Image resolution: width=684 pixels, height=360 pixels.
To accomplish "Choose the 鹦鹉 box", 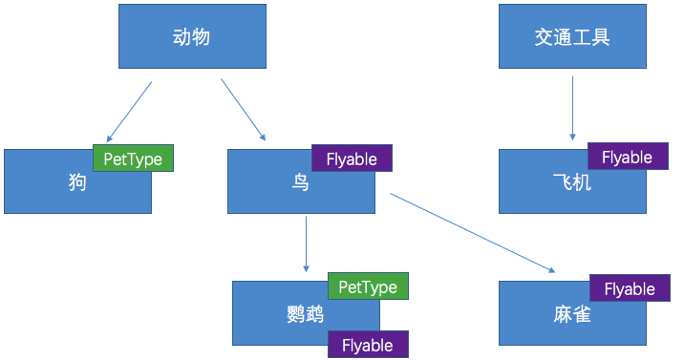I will pyautogui.click(x=287, y=315).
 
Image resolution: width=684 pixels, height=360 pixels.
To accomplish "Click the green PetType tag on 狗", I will pyautogui.click(x=133, y=159).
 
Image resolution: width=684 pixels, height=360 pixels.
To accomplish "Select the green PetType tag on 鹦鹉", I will pyautogui.click(x=368, y=286).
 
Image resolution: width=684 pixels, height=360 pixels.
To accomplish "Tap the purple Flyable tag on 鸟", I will pyautogui.click(x=352, y=159).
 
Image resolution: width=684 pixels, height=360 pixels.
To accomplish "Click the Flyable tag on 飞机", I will pyautogui.click(x=627, y=157).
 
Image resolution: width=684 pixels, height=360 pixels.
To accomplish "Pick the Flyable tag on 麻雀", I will pyautogui.click(x=630, y=288).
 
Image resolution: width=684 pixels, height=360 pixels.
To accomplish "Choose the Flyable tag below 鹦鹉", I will pyautogui.click(x=368, y=345).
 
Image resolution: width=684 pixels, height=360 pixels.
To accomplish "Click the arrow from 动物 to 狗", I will pyautogui.click(x=129, y=112).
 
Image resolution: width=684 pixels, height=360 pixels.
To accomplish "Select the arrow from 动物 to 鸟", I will pyautogui.click(x=244, y=110).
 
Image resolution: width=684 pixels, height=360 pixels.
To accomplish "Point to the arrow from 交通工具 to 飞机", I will pyautogui.click(x=572, y=108).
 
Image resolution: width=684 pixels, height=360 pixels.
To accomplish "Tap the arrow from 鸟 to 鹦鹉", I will pyautogui.click(x=306, y=244).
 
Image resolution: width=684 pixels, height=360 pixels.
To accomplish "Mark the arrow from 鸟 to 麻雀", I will pyautogui.click(x=473, y=233).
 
